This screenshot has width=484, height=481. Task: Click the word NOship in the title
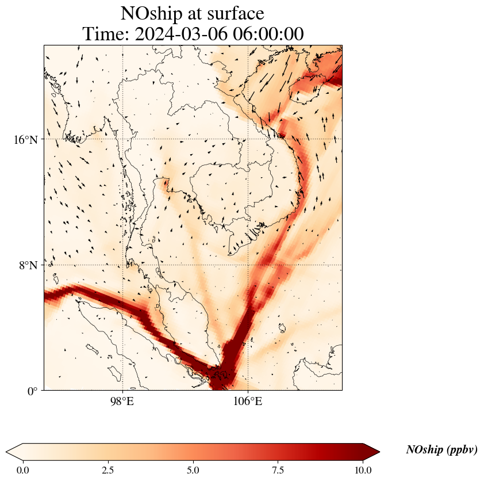[150, 13]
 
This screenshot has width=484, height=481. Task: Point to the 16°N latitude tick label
[25, 139]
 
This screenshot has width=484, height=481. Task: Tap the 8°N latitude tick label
[28, 265]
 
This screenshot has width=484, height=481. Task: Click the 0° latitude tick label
[32, 391]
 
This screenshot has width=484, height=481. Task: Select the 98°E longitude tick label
[122, 402]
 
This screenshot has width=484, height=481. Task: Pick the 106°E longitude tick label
[248, 402]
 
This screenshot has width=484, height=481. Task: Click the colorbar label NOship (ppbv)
[441, 450]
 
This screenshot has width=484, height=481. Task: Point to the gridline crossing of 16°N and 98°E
[122, 139]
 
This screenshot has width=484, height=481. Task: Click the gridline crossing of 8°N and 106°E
[248, 265]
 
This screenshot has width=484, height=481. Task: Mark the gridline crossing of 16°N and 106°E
[248, 139]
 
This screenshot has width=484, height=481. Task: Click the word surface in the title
[232, 13]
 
